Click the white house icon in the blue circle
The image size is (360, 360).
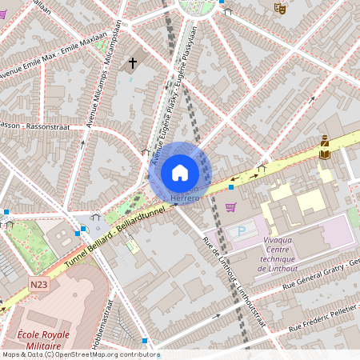click(x=179, y=172)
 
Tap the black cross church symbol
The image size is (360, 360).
click(x=132, y=62)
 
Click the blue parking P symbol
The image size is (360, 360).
click(x=242, y=230)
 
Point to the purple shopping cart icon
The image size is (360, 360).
click(x=231, y=208)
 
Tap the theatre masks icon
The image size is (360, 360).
click(x=280, y=7)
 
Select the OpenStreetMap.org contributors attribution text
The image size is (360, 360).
click(x=104, y=354)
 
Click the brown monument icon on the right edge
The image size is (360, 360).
click(x=324, y=146)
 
